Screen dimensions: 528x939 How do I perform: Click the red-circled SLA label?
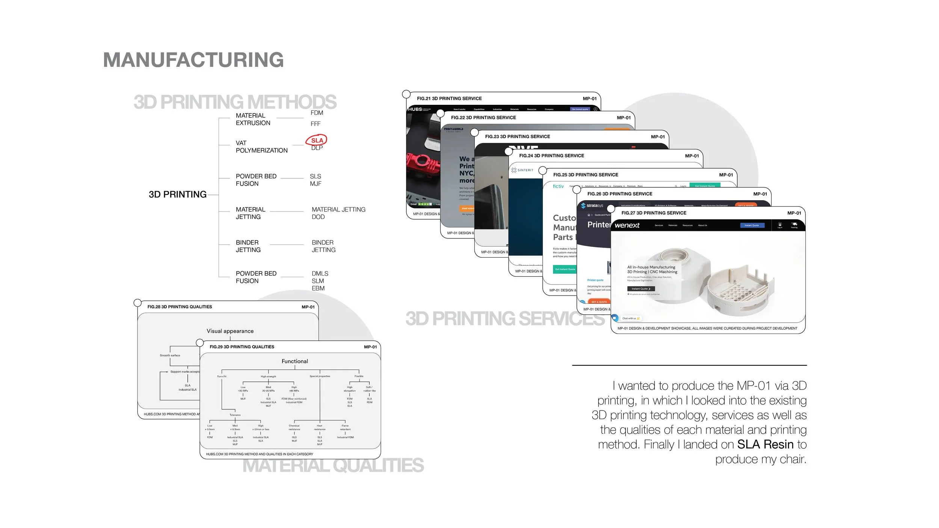point(317,140)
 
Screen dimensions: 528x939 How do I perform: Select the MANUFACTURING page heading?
point(193,60)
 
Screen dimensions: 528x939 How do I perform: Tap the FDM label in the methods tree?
point(317,113)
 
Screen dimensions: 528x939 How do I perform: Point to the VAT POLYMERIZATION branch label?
point(261,147)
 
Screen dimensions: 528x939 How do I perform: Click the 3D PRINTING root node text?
point(178,195)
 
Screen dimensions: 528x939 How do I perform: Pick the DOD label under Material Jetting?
point(318,217)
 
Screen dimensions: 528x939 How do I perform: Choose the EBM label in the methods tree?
point(318,288)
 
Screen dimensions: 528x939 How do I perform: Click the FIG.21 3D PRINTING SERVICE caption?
point(449,99)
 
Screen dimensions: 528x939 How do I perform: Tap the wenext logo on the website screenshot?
point(627,225)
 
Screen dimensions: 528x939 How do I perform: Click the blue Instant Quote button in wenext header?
point(752,225)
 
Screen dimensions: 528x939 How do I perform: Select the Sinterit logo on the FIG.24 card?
point(522,170)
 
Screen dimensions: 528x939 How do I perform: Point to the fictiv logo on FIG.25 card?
point(558,186)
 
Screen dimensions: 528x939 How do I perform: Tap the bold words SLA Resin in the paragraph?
point(765,445)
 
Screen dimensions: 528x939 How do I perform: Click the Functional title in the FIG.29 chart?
point(295,361)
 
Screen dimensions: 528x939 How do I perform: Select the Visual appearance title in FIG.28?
point(230,331)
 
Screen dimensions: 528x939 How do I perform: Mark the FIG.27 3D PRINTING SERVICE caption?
point(654,213)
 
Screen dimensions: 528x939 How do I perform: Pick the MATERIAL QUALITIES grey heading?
point(333,466)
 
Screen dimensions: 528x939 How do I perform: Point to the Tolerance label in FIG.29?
point(235,415)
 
